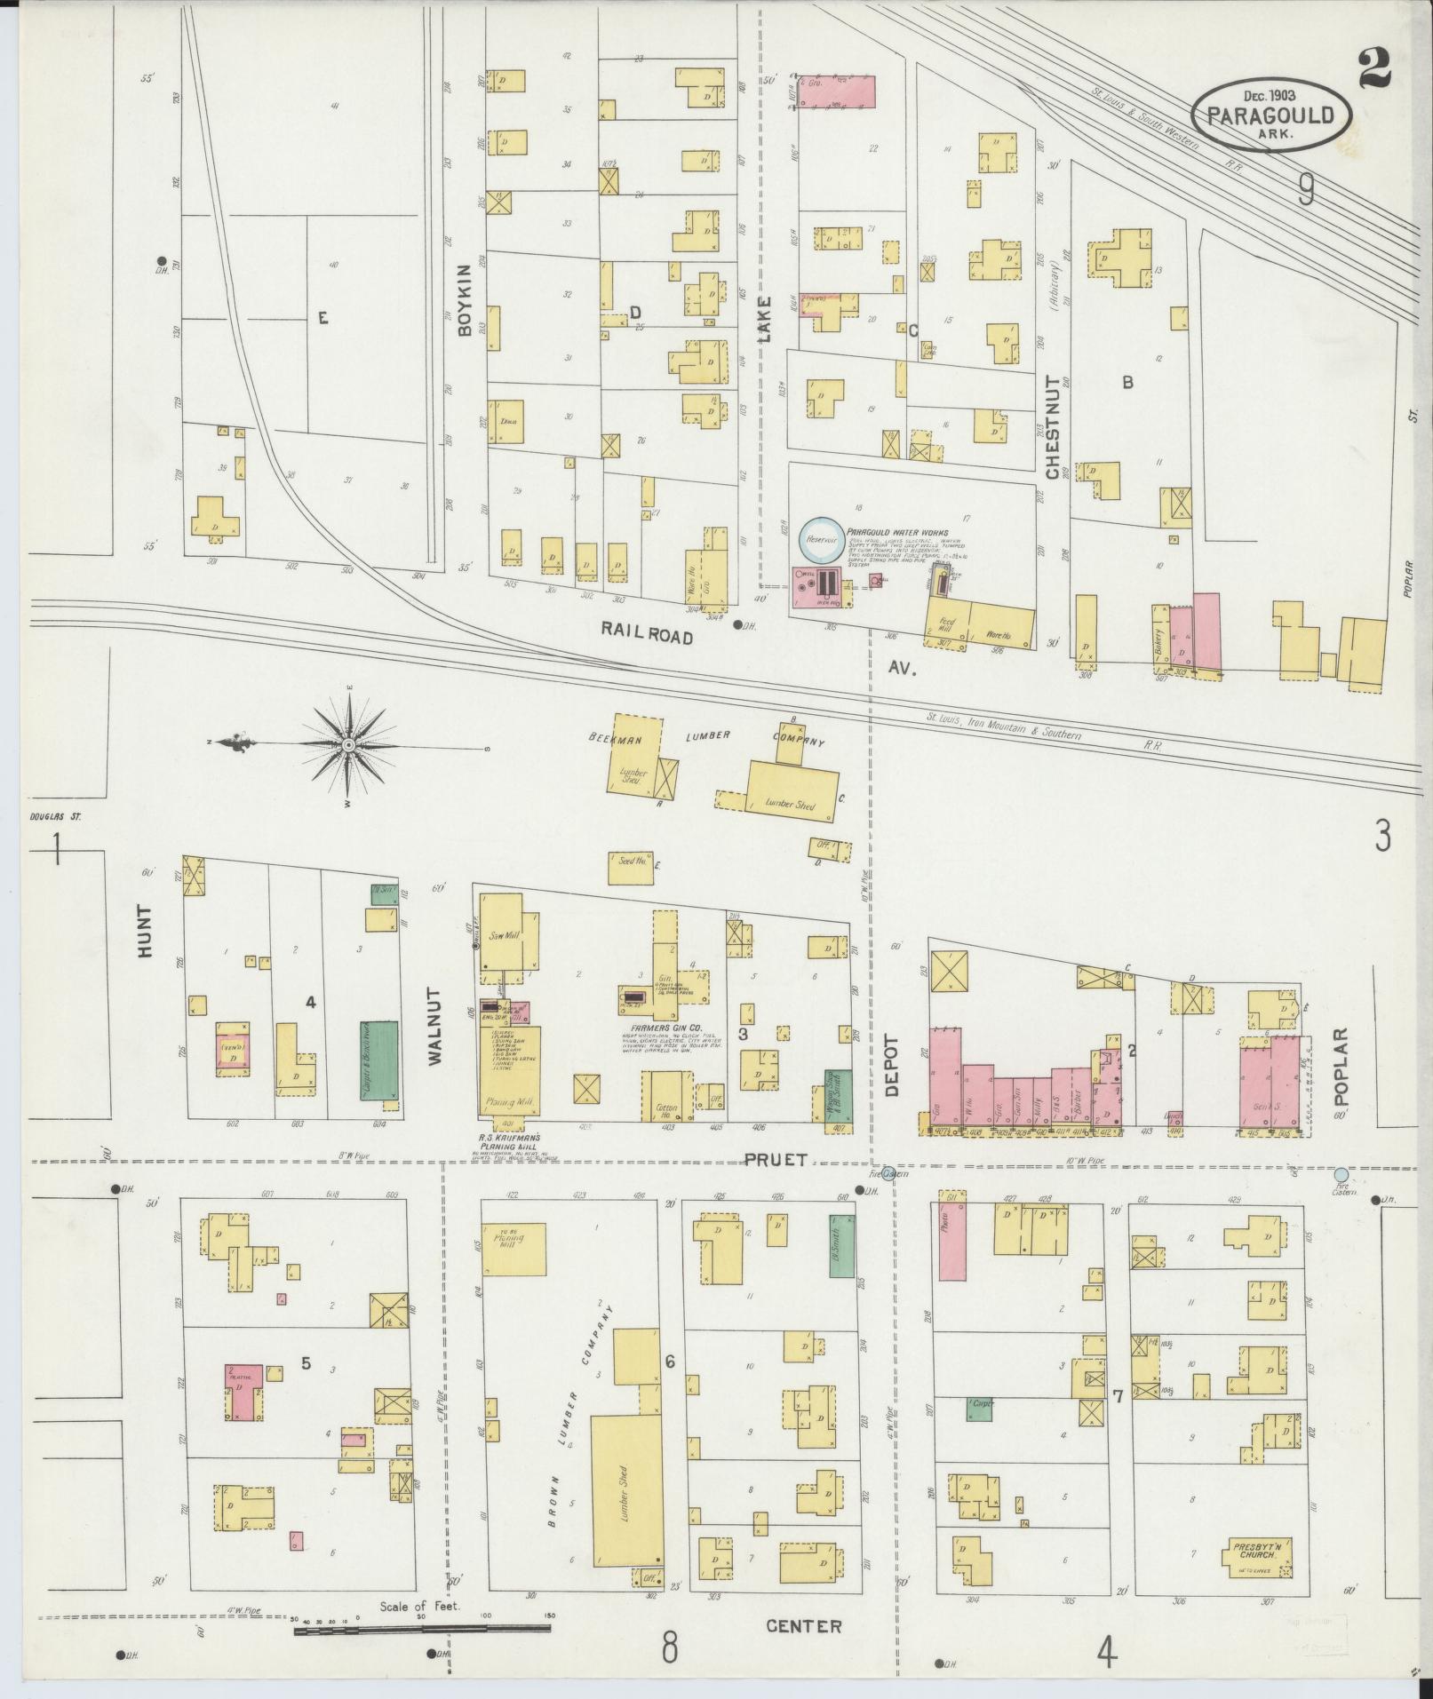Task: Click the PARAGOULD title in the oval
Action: (1270, 115)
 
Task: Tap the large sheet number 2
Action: (1373, 67)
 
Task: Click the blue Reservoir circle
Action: (817, 539)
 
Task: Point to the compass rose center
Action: (349, 743)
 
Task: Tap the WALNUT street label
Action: (434, 1026)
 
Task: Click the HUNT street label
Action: (146, 930)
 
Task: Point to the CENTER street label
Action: (803, 1625)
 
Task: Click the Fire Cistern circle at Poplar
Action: (1341, 1174)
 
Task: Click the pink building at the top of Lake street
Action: (836, 91)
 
